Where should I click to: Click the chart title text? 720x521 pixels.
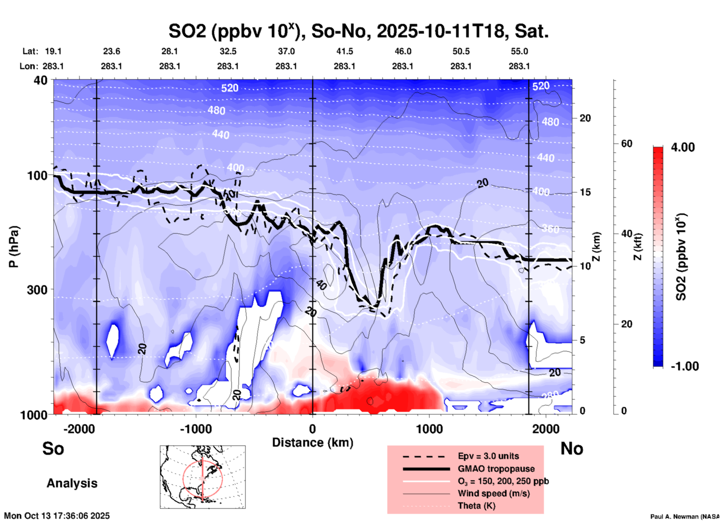pos(358,31)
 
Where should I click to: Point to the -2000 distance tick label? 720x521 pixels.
pos(79,429)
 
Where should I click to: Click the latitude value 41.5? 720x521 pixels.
pos(344,51)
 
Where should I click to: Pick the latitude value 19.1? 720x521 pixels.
pos(53,51)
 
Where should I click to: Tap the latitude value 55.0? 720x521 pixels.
pos(519,51)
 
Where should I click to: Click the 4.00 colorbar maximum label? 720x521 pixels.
pos(683,147)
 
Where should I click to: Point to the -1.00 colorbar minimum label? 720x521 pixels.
pos(684,366)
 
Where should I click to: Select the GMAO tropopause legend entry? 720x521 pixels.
pos(496,469)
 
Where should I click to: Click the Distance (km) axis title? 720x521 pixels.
pos(313,443)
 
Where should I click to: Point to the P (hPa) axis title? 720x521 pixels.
pos(14,246)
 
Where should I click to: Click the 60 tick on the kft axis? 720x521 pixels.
pos(627,144)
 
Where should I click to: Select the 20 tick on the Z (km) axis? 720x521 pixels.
pos(585,118)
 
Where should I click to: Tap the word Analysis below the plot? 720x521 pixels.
pos(72,483)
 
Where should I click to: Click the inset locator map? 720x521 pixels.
pos(203,477)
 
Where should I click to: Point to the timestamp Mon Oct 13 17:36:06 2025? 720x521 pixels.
pos(57,516)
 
